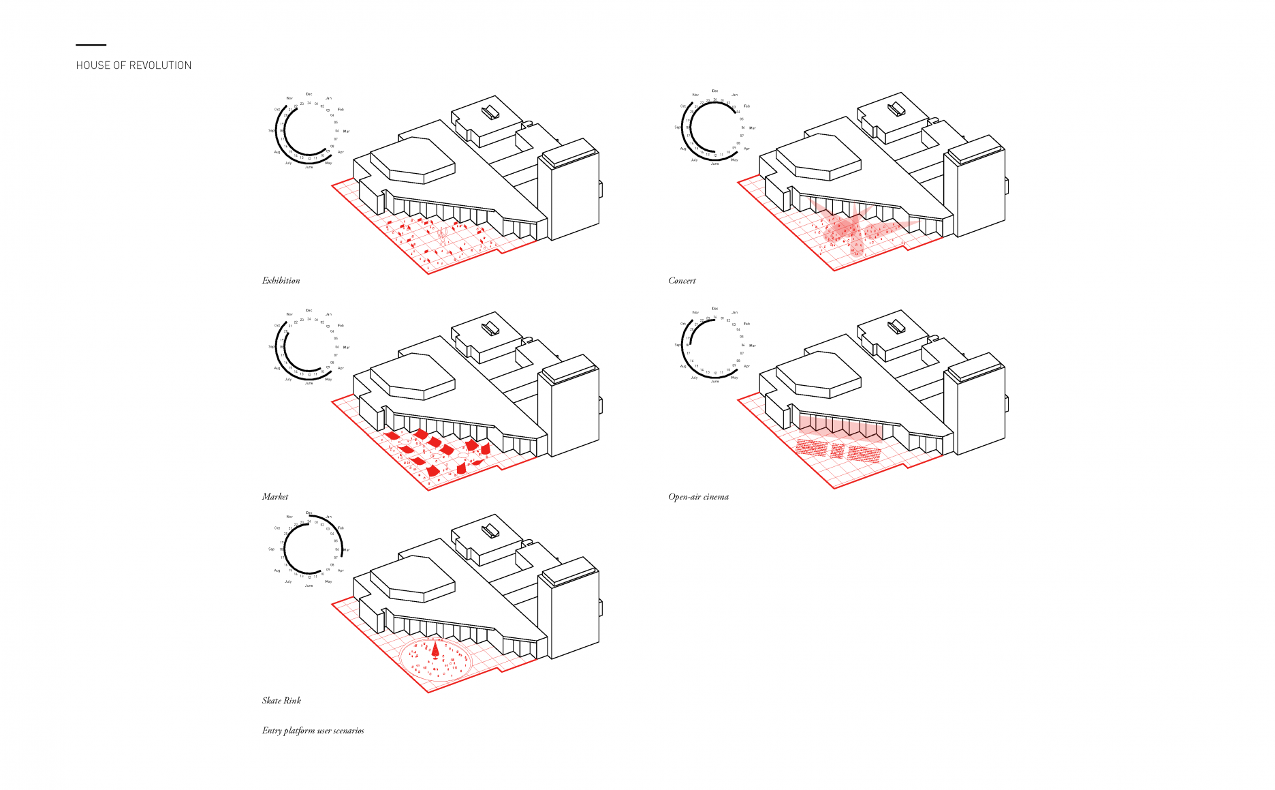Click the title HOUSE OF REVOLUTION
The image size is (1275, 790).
click(133, 65)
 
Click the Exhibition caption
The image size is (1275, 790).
click(281, 280)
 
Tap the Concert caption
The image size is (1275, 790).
click(682, 280)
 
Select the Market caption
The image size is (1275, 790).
click(275, 496)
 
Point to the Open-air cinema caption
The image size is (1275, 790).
click(698, 496)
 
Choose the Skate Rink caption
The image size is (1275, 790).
click(281, 700)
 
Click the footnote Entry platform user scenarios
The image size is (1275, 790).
click(313, 730)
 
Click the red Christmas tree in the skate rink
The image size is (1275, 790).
click(436, 648)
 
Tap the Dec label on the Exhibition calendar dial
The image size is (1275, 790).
click(309, 94)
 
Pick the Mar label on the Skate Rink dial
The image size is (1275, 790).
click(346, 549)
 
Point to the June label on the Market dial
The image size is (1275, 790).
click(309, 383)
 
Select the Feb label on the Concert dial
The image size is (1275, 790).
click(746, 106)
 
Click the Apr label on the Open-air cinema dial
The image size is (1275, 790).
click(746, 366)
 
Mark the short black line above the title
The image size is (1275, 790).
click(91, 45)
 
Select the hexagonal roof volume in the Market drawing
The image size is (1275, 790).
click(413, 377)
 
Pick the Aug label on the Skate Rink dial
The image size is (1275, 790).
click(277, 570)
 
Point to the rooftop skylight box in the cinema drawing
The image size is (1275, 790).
click(896, 326)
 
